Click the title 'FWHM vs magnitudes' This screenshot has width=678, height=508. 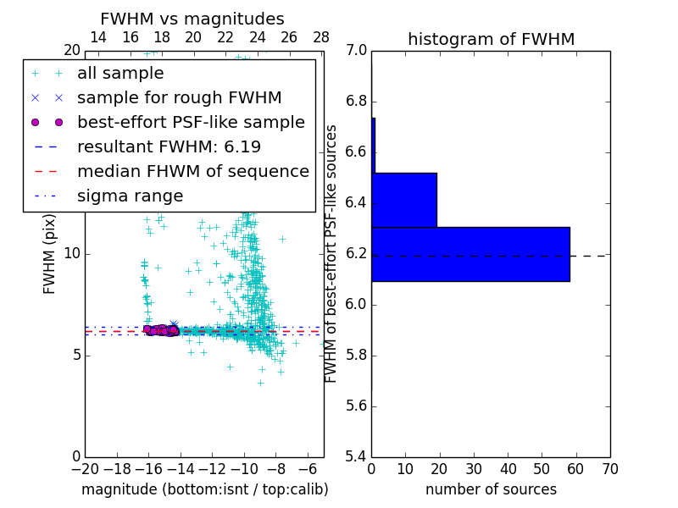click(192, 19)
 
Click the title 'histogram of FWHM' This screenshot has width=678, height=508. click(491, 39)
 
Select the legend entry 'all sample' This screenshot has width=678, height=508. click(120, 74)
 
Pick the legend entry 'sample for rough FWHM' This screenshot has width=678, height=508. click(179, 98)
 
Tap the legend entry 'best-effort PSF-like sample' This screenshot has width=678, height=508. click(191, 122)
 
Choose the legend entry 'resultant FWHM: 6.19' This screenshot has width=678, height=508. click(169, 146)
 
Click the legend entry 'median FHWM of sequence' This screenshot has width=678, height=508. click(192, 171)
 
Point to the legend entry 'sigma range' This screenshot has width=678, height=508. click(130, 196)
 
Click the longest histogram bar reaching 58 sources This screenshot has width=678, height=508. click(470, 254)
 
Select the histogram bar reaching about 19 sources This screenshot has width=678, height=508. click(404, 200)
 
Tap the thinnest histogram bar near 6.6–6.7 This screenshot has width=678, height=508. click(373, 145)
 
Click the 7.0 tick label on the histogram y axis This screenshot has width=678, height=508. click(357, 51)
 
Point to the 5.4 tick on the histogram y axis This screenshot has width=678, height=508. click(357, 456)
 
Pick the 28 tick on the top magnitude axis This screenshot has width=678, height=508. click(321, 37)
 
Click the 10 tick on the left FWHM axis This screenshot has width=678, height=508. click(72, 254)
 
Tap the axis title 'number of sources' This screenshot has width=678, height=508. click(491, 489)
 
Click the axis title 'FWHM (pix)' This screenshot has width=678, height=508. click(50, 254)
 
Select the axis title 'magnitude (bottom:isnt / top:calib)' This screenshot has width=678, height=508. click(204, 489)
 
